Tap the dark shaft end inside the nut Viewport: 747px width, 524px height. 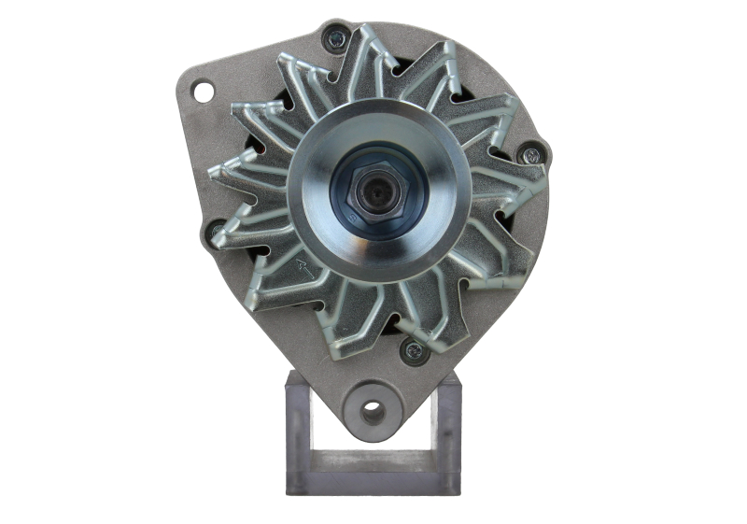click(x=379, y=195)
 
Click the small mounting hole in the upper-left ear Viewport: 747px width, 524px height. click(x=203, y=91)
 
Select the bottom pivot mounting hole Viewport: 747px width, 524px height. click(x=373, y=410)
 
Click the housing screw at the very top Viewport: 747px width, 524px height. click(x=336, y=38)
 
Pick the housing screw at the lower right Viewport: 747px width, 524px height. click(x=412, y=351)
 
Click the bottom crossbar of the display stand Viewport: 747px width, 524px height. click(x=373, y=482)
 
